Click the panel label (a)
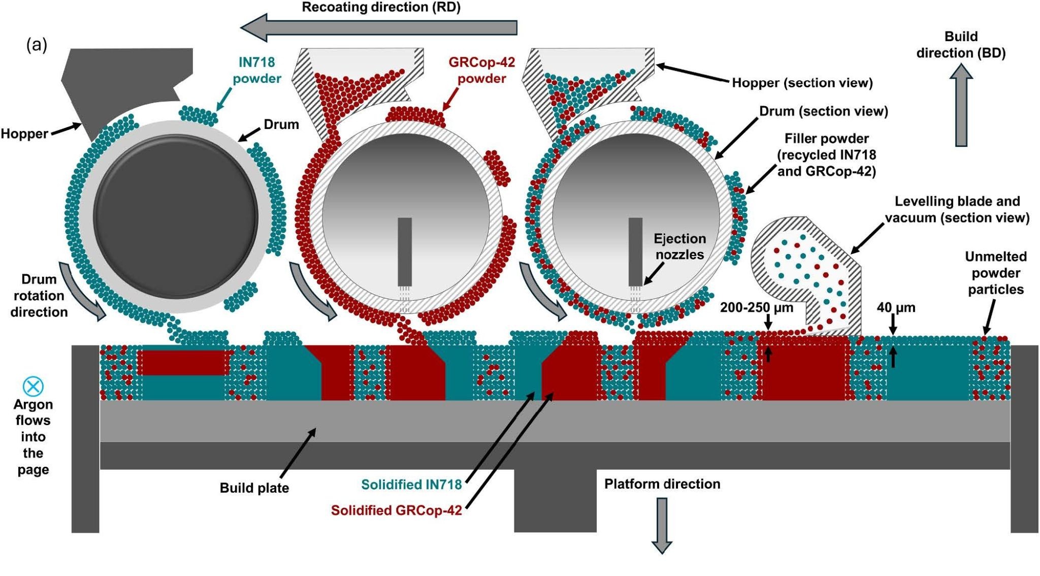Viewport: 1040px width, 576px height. click(x=37, y=45)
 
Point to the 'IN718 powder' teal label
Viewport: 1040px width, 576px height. click(x=256, y=70)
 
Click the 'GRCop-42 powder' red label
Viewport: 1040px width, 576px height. click(x=481, y=70)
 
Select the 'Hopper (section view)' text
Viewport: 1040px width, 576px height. click(x=802, y=83)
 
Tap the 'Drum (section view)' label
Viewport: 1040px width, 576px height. click(x=823, y=111)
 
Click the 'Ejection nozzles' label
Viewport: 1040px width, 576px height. click(x=679, y=246)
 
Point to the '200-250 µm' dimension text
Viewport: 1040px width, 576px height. click(x=756, y=307)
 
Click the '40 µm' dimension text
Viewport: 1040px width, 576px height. click(x=896, y=307)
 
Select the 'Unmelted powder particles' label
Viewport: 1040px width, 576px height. click(x=995, y=273)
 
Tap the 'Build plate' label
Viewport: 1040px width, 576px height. click(x=254, y=488)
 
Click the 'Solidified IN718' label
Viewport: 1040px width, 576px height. click(x=411, y=485)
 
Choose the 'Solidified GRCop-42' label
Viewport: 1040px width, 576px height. click(x=396, y=510)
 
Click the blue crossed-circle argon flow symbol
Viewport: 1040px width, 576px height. click(x=34, y=387)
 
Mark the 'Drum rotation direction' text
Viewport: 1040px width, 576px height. click(x=39, y=296)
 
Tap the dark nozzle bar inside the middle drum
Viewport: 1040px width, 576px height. click(x=405, y=251)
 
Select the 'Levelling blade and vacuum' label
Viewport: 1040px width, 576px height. click(x=957, y=209)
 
